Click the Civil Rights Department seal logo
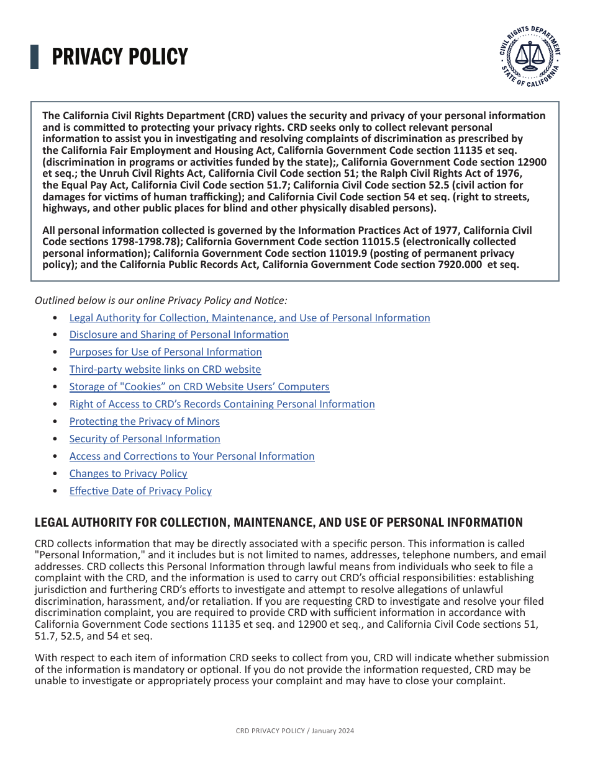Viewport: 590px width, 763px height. (530, 57)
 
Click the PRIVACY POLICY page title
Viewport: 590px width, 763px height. (119, 57)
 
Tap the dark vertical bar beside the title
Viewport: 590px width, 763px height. (34, 56)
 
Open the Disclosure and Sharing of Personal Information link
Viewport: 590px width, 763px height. (179, 335)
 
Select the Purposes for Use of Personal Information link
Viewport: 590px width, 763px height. (165, 352)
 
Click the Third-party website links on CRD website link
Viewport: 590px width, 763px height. (165, 370)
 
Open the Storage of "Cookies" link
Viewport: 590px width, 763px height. (199, 387)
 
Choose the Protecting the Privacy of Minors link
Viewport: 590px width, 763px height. (144, 422)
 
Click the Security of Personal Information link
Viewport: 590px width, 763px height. (145, 439)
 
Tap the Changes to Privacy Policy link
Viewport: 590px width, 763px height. (128, 474)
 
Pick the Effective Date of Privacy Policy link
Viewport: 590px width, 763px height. (140, 491)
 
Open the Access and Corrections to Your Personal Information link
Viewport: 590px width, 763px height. (191, 457)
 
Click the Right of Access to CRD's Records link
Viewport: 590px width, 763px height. (222, 404)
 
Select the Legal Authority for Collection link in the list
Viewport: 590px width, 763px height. (249, 318)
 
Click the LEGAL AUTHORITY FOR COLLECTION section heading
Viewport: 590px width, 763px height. (278, 522)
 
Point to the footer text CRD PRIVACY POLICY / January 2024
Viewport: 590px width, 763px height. (294, 731)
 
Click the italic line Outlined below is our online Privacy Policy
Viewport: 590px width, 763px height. (161, 300)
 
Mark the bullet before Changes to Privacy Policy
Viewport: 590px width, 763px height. (56, 474)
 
